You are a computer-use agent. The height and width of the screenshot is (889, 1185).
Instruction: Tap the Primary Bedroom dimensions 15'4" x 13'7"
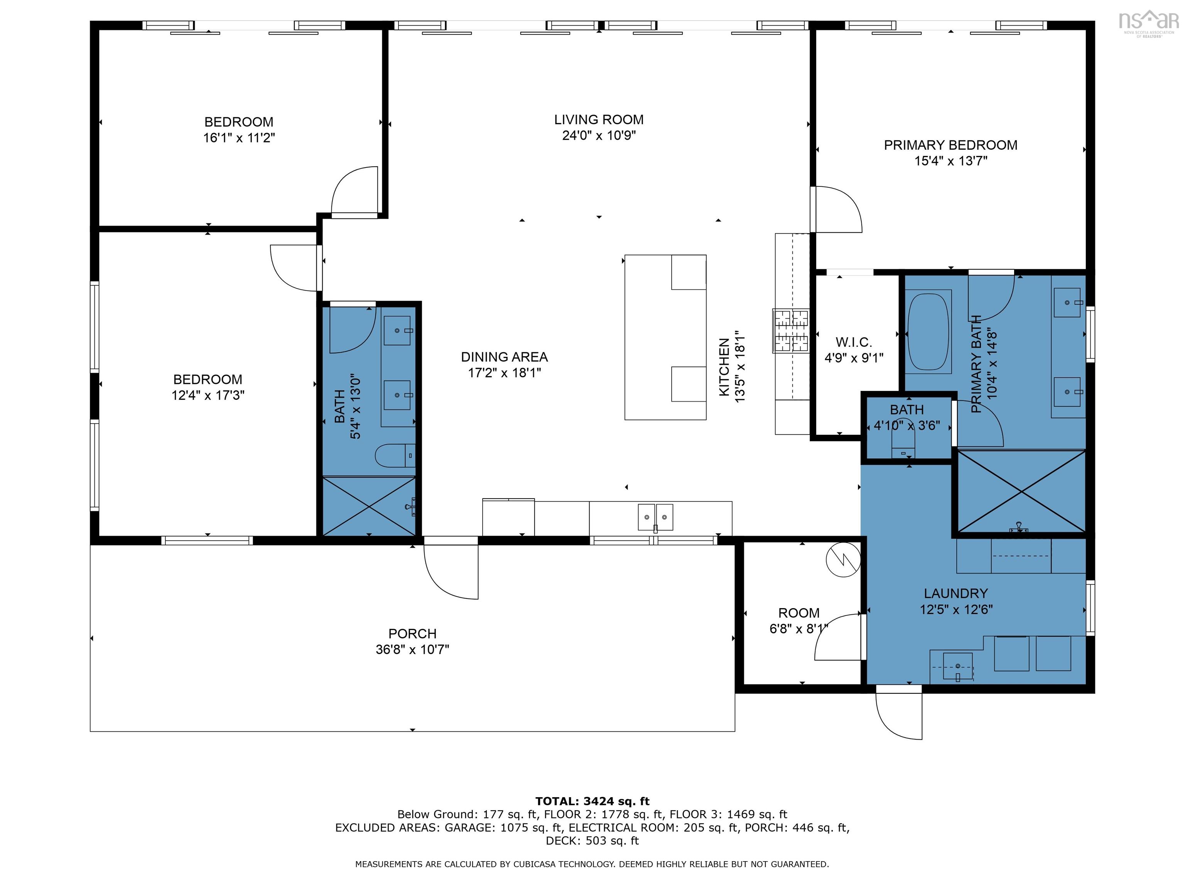(x=950, y=161)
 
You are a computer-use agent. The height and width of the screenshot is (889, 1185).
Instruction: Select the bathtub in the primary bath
(x=928, y=331)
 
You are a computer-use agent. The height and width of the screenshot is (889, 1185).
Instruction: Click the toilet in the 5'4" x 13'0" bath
(x=395, y=456)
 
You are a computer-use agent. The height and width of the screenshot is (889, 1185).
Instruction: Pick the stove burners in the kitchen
(x=791, y=331)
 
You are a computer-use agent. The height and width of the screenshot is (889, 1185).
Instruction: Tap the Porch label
(x=412, y=634)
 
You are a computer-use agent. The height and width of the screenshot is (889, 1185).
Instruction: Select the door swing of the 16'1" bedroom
(x=354, y=190)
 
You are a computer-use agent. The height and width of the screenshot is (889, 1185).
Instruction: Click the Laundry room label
(x=956, y=593)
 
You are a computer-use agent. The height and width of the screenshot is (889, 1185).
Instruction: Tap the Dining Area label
(x=504, y=357)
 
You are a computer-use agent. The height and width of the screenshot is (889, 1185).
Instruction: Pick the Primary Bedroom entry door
(x=836, y=210)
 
